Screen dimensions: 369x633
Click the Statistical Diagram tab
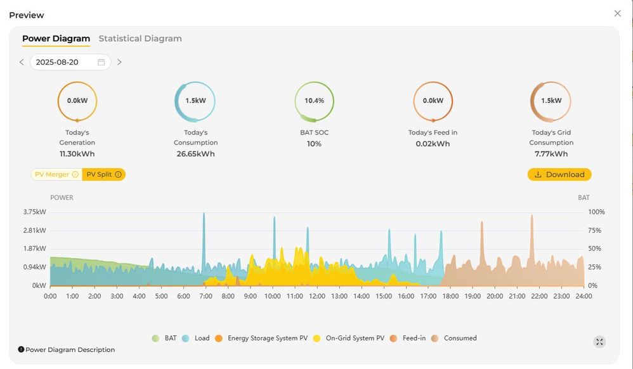(140, 39)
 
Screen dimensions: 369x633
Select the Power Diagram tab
(56, 39)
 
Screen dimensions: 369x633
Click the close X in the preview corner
(617, 13)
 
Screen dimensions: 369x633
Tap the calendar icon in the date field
(101, 62)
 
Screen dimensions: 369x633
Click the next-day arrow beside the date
(119, 62)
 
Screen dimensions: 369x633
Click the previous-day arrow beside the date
(22, 62)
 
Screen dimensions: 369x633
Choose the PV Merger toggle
(56, 174)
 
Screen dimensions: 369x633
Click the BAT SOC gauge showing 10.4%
(314, 101)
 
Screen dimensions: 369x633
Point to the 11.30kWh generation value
(77, 153)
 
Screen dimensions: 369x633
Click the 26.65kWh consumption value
(195, 153)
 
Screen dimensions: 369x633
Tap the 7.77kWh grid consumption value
(551, 153)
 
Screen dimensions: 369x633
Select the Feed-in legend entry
(408, 339)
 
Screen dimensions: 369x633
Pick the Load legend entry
(196, 339)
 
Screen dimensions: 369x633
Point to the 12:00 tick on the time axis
(317, 296)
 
